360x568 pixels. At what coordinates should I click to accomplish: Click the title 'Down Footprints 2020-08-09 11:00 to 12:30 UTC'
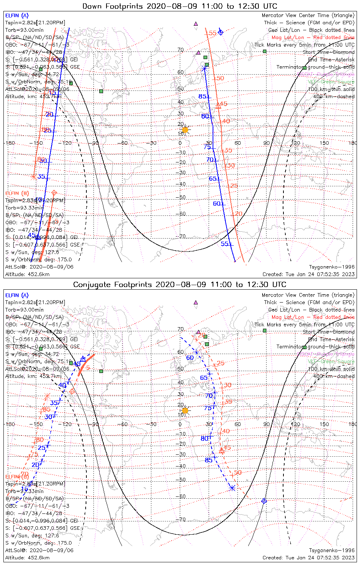[180, 6]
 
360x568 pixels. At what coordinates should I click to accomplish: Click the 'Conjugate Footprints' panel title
[180, 284]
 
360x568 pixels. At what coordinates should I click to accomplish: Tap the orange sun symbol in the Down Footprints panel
[185, 130]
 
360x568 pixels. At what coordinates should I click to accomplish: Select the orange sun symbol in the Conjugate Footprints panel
[185, 410]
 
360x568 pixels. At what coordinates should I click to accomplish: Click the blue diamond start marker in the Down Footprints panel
[221, 32]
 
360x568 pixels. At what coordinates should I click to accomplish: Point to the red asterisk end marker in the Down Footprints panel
[34, 176]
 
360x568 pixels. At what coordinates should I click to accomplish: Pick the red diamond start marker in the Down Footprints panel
[54, 193]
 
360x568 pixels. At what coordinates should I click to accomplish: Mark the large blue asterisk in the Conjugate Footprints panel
[232, 488]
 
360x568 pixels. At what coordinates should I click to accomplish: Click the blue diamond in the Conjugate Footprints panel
[264, 501]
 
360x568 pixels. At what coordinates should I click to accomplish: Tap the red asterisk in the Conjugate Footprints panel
[47, 396]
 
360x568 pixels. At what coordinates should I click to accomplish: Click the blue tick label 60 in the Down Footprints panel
[216, 204]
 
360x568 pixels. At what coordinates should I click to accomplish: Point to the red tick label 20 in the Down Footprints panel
[239, 214]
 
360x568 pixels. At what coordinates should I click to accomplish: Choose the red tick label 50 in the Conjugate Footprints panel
[238, 473]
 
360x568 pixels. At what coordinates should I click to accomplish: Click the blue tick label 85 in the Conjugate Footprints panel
[208, 460]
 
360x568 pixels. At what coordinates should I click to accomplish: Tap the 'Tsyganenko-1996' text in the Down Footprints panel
[332, 267]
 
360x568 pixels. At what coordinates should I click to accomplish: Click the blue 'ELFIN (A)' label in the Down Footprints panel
[17, 16]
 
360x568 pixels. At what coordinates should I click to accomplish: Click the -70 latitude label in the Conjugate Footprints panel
[182, 520]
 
